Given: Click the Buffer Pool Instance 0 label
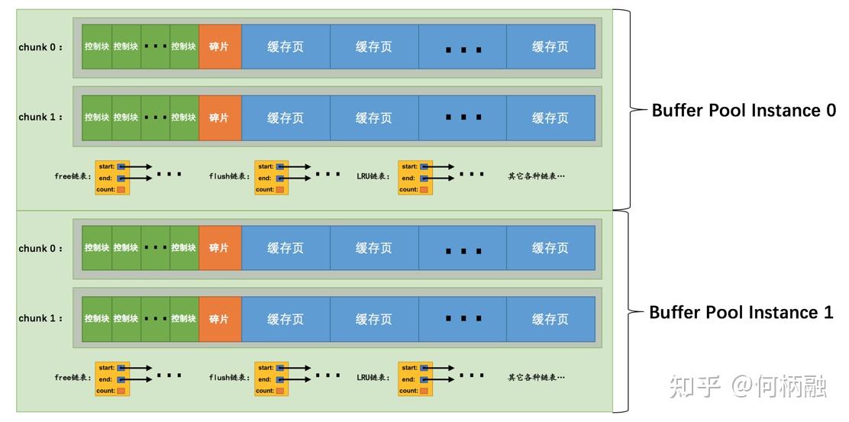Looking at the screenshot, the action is pos(744,111).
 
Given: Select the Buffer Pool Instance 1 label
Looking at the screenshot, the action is pos(741,312).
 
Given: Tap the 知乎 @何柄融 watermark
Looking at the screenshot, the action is pos(747,386).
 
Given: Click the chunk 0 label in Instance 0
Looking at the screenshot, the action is pos(40,47).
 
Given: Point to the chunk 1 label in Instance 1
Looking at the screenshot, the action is pos(40,319).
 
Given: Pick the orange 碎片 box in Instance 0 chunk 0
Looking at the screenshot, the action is pos(220,47).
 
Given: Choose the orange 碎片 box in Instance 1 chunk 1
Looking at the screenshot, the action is pos(220,319).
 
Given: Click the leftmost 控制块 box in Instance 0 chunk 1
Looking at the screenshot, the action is pos(97,118).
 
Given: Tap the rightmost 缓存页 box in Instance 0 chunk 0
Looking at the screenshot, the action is pos(550,47).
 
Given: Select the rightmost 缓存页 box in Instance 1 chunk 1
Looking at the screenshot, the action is pos(550,319).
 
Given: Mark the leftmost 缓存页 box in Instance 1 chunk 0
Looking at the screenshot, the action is pos(286,248).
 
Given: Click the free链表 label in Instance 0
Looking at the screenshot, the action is pos(73,176).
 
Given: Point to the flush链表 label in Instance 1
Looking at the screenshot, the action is pos(230,378).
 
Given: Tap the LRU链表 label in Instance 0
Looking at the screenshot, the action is pos(373,176).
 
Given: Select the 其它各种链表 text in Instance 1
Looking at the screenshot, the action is pos(536,378).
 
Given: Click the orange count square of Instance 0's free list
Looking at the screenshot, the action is pos(121,190).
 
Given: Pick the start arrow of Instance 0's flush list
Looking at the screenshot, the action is pos(295,166).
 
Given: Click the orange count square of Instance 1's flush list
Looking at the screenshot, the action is pos(280,391).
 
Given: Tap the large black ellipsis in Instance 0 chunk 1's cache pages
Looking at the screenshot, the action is pos(463,118).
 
